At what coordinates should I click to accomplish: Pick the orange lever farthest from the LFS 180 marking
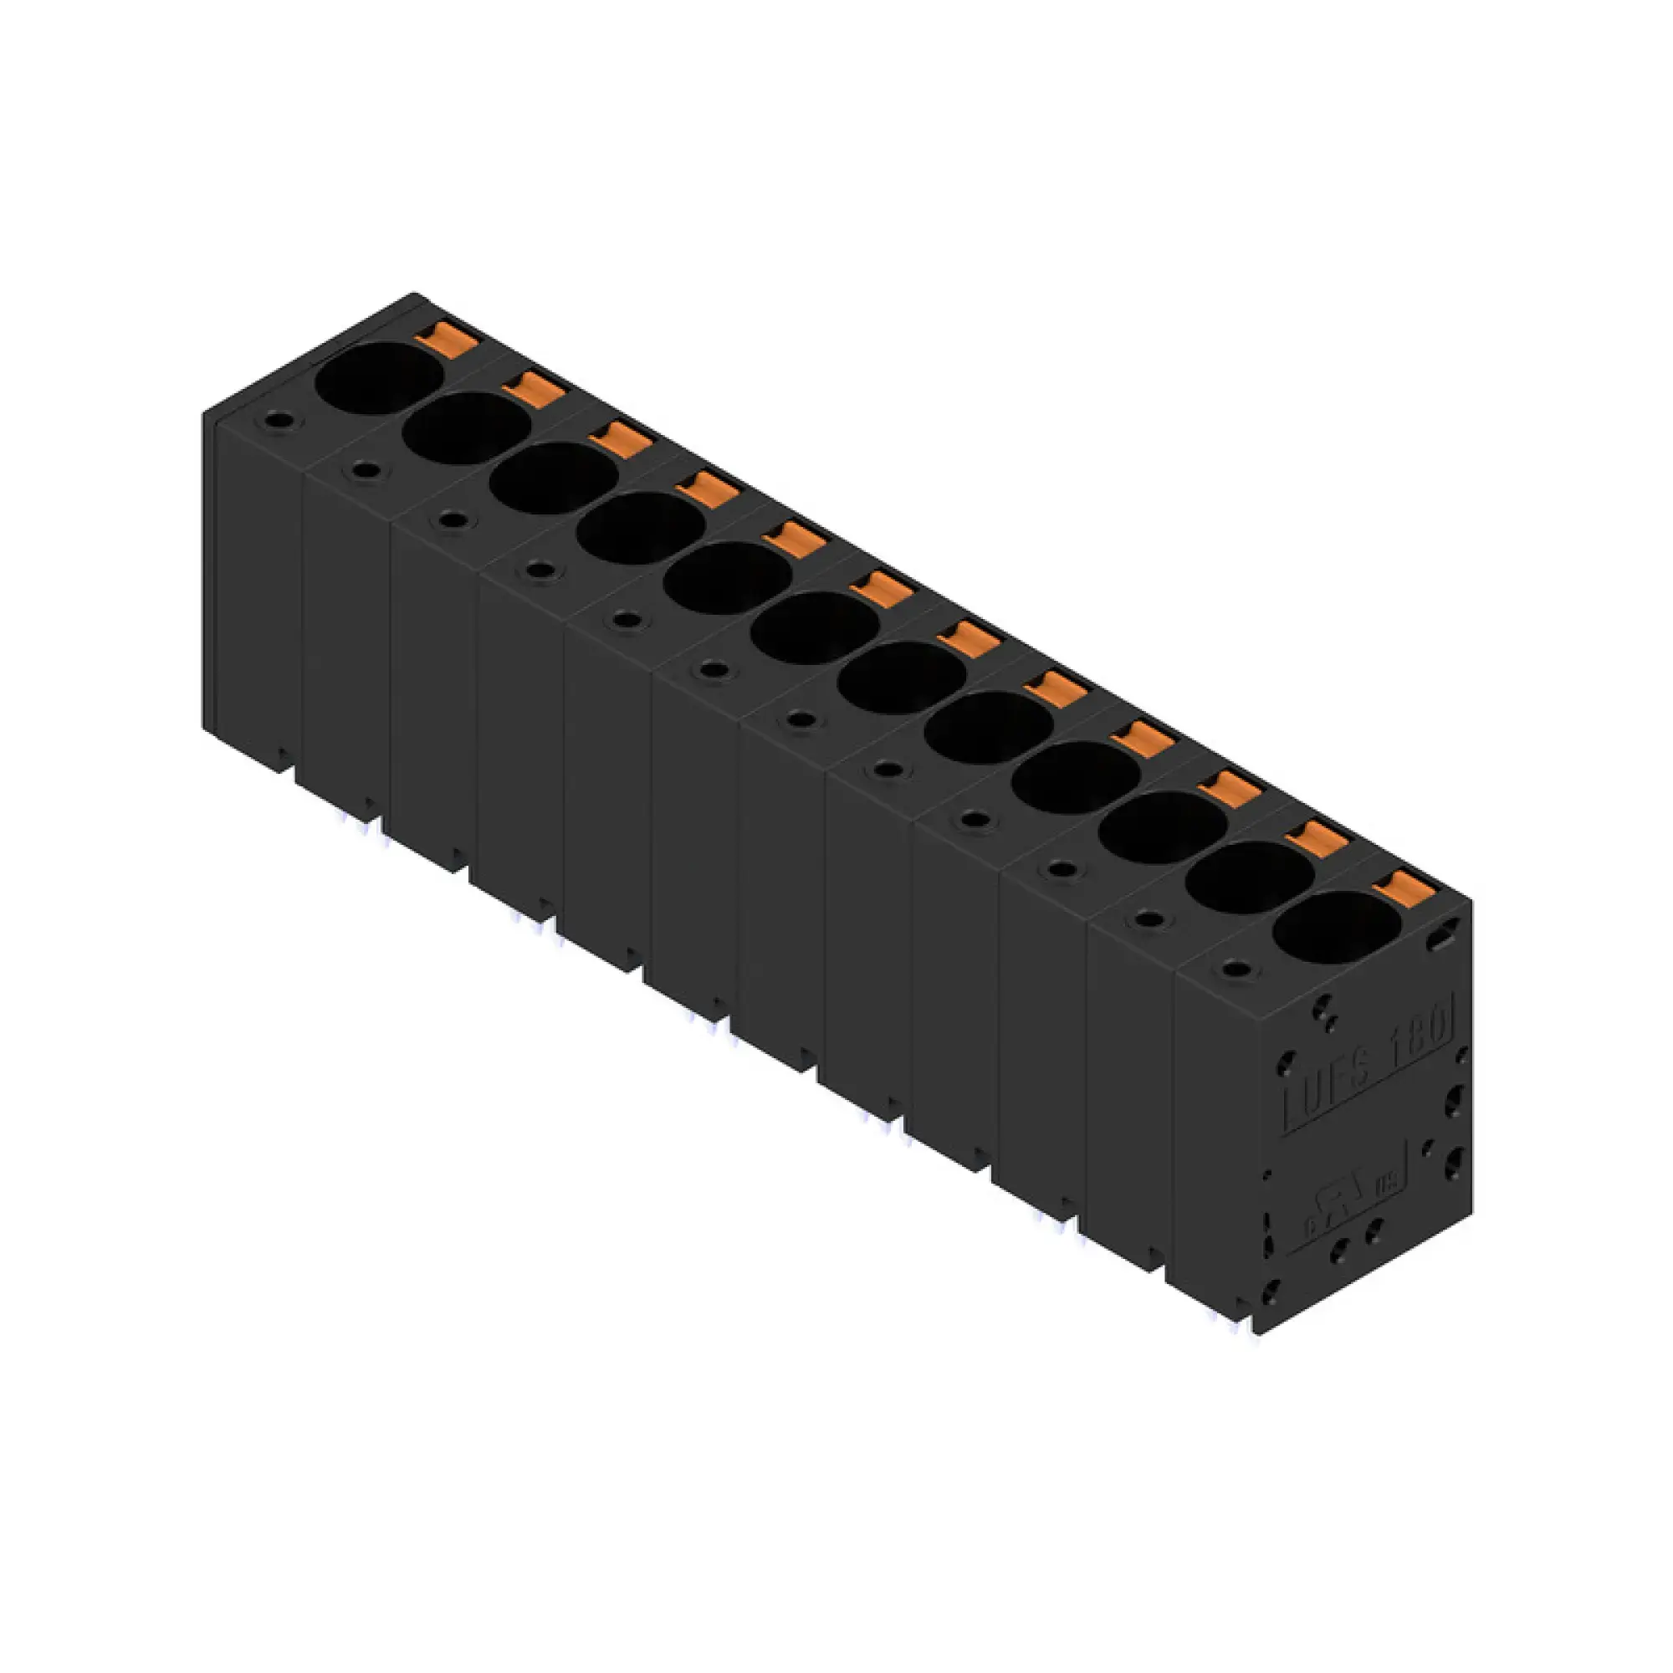[x=446, y=337]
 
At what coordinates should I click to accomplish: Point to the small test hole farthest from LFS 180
[x=278, y=420]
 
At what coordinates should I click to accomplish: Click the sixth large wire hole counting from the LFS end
[x=901, y=678]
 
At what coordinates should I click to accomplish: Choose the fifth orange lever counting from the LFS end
[x=1056, y=688]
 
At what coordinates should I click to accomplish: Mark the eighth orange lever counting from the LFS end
[x=794, y=538]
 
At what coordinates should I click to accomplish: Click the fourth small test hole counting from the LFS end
[x=975, y=818]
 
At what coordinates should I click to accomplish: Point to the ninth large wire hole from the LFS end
[x=640, y=528]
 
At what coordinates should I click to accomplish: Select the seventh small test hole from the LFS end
[x=713, y=668]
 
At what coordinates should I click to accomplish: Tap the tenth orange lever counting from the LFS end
[x=620, y=437]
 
